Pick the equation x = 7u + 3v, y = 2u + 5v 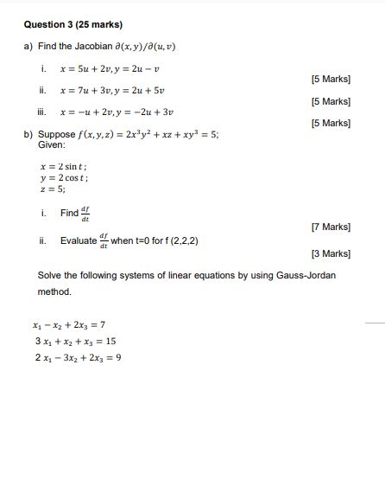111,89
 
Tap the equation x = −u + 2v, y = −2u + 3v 117,112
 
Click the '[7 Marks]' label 330,227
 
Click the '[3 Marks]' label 330,253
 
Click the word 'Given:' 52,144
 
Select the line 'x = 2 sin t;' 64,166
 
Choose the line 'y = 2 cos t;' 65,177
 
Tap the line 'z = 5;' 53,189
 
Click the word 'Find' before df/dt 69,214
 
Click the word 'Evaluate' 79,240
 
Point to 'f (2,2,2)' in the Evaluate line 180,240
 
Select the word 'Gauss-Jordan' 306,275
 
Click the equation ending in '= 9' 77,356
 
